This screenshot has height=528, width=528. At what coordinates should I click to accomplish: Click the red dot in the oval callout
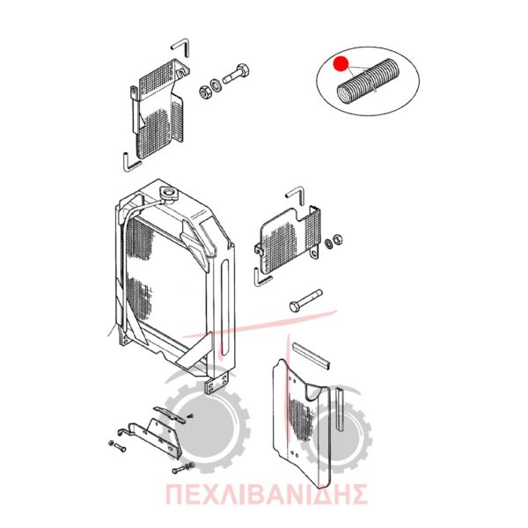point(341,63)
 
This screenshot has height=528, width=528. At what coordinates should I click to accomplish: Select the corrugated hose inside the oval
point(369,81)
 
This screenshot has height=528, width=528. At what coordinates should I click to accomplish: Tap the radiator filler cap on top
point(168,194)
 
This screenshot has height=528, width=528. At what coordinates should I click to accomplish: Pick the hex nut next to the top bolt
point(205,92)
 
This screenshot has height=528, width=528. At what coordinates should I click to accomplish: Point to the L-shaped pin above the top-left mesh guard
point(181,47)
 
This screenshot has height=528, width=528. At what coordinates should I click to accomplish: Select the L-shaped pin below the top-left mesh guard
point(131,162)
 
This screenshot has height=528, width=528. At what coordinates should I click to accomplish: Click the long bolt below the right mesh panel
point(305,300)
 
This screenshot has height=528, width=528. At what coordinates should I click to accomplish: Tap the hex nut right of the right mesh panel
point(337,239)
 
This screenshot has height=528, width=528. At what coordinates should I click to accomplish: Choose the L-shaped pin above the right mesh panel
point(297,194)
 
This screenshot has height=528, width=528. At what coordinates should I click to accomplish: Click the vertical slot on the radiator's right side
point(225,307)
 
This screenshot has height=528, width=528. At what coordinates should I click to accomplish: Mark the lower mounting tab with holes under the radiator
point(217,383)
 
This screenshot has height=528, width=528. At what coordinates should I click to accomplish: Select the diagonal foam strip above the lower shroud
point(311,355)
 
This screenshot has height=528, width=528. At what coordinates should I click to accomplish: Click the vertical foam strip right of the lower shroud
point(341,409)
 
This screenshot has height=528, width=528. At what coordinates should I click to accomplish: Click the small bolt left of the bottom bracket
point(118,446)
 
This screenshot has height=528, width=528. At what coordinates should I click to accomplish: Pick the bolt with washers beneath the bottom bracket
point(183,468)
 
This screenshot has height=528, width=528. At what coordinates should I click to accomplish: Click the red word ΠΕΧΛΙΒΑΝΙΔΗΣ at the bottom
point(266,494)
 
